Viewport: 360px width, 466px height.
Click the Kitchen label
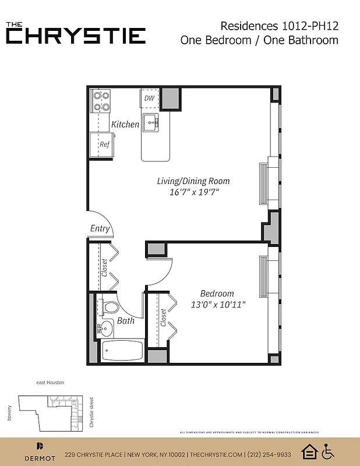(x=125, y=124)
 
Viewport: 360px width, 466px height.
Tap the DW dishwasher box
(x=150, y=98)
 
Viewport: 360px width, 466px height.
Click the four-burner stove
(x=101, y=101)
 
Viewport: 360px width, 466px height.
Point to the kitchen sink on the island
(x=152, y=122)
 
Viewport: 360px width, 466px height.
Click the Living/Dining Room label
(x=193, y=181)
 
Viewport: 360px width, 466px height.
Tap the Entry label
(x=100, y=228)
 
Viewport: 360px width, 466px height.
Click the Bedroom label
(x=217, y=294)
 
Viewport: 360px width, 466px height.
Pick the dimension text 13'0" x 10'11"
(x=218, y=304)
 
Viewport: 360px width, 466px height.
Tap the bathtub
(x=122, y=351)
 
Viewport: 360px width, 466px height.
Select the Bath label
(x=126, y=320)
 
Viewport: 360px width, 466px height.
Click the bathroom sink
(x=105, y=329)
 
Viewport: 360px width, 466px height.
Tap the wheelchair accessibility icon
(x=328, y=451)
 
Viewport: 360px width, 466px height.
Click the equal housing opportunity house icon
(x=308, y=451)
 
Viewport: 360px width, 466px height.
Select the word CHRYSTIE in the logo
(x=76, y=36)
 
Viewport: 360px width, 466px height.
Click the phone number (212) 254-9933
(x=269, y=455)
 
